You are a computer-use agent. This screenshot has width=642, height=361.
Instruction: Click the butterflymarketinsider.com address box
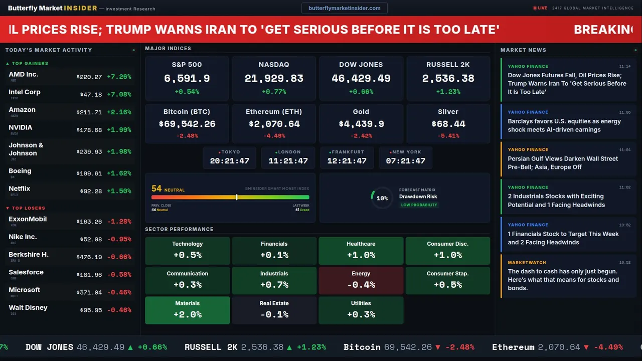(x=344, y=8)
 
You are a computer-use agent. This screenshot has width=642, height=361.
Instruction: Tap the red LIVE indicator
(x=540, y=8)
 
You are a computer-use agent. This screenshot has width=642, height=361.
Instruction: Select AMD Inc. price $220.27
(x=89, y=77)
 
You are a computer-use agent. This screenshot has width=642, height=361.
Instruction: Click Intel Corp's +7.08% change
(x=119, y=94)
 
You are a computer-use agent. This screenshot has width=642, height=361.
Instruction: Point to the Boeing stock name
(x=20, y=171)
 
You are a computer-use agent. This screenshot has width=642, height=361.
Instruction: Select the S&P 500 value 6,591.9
(x=187, y=79)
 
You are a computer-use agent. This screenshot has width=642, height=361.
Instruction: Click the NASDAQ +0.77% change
(x=274, y=92)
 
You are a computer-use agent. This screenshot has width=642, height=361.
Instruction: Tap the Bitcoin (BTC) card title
(x=187, y=112)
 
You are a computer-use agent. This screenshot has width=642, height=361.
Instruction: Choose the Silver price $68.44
(x=448, y=124)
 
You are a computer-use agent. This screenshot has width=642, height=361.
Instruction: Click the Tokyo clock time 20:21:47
(x=230, y=161)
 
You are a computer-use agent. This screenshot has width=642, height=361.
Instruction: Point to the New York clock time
(x=405, y=161)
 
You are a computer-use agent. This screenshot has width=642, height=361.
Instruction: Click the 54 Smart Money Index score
(x=156, y=189)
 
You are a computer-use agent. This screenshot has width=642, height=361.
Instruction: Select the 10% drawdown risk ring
(x=382, y=198)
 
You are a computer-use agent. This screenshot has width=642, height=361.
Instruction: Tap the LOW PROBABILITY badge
(x=419, y=205)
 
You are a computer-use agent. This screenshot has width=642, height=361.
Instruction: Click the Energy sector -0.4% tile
(x=361, y=280)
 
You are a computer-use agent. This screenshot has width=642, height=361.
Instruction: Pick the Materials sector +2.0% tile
(x=188, y=310)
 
